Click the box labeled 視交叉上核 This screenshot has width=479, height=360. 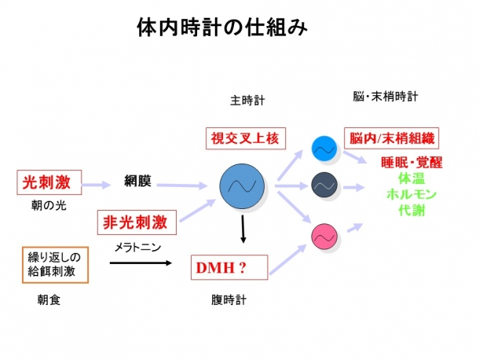pyautogui.click(x=245, y=138)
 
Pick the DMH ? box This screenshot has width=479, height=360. pyautogui.click(x=229, y=268)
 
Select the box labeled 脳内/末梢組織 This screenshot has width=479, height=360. pyautogui.click(x=391, y=138)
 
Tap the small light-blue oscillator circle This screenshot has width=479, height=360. pyautogui.click(x=324, y=147)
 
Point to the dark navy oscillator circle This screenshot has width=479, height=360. pyautogui.click(x=324, y=185)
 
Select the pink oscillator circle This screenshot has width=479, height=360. pyautogui.click(x=324, y=234)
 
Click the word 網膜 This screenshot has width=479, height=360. pyautogui.click(x=137, y=182)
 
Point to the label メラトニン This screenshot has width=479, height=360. pyautogui.click(x=137, y=246)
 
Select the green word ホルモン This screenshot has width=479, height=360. pyautogui.click(x=411, y=194)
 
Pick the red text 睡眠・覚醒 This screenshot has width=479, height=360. pyautogui.click(x=411, y=163)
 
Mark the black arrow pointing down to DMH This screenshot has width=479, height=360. pyautogui.click(x=243, y=230)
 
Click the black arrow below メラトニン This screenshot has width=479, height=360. pyautogui.click(x=142, y=263)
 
